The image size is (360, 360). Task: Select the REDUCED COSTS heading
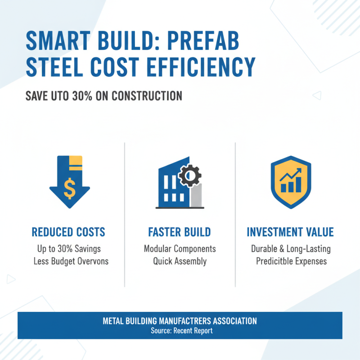68,232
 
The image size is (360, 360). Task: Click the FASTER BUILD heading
179,232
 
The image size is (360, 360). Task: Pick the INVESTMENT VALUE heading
290,232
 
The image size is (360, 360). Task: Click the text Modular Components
180,249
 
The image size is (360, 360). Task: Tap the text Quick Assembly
180,261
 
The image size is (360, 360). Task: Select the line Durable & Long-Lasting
290,249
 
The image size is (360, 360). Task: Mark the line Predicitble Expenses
290,261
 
